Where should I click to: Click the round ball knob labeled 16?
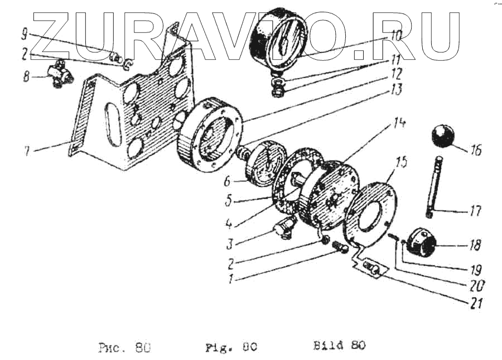pyautogui.click(x=442, y=137)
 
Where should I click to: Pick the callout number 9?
pyautogui.click(x=24, y=35)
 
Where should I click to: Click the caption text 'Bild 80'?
pyautogui.click(x=339, y=345)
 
